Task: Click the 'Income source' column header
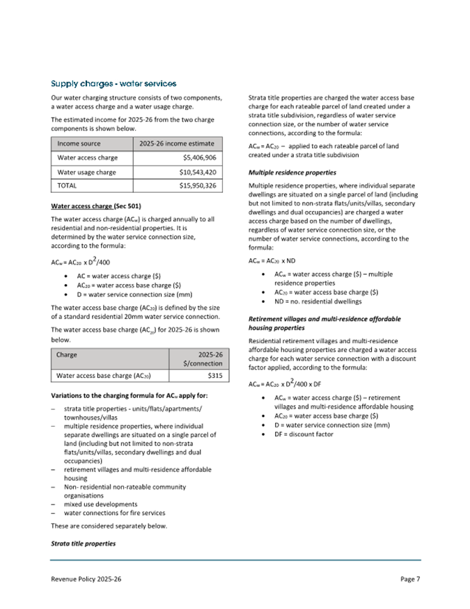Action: pyautogui.click(x=79, y=143)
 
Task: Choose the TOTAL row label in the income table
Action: pyautogui.click(x=68, y=187)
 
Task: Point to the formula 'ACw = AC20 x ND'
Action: pyautogui.click(x=273, y=261)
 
